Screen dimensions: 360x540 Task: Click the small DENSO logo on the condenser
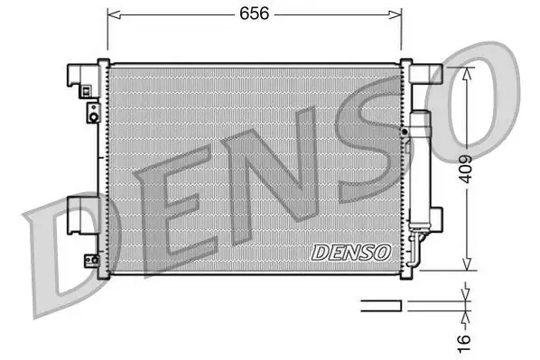click(350, 252)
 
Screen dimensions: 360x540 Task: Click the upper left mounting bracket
click(84, 77)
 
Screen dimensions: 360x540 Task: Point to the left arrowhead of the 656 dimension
click(112, 14)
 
